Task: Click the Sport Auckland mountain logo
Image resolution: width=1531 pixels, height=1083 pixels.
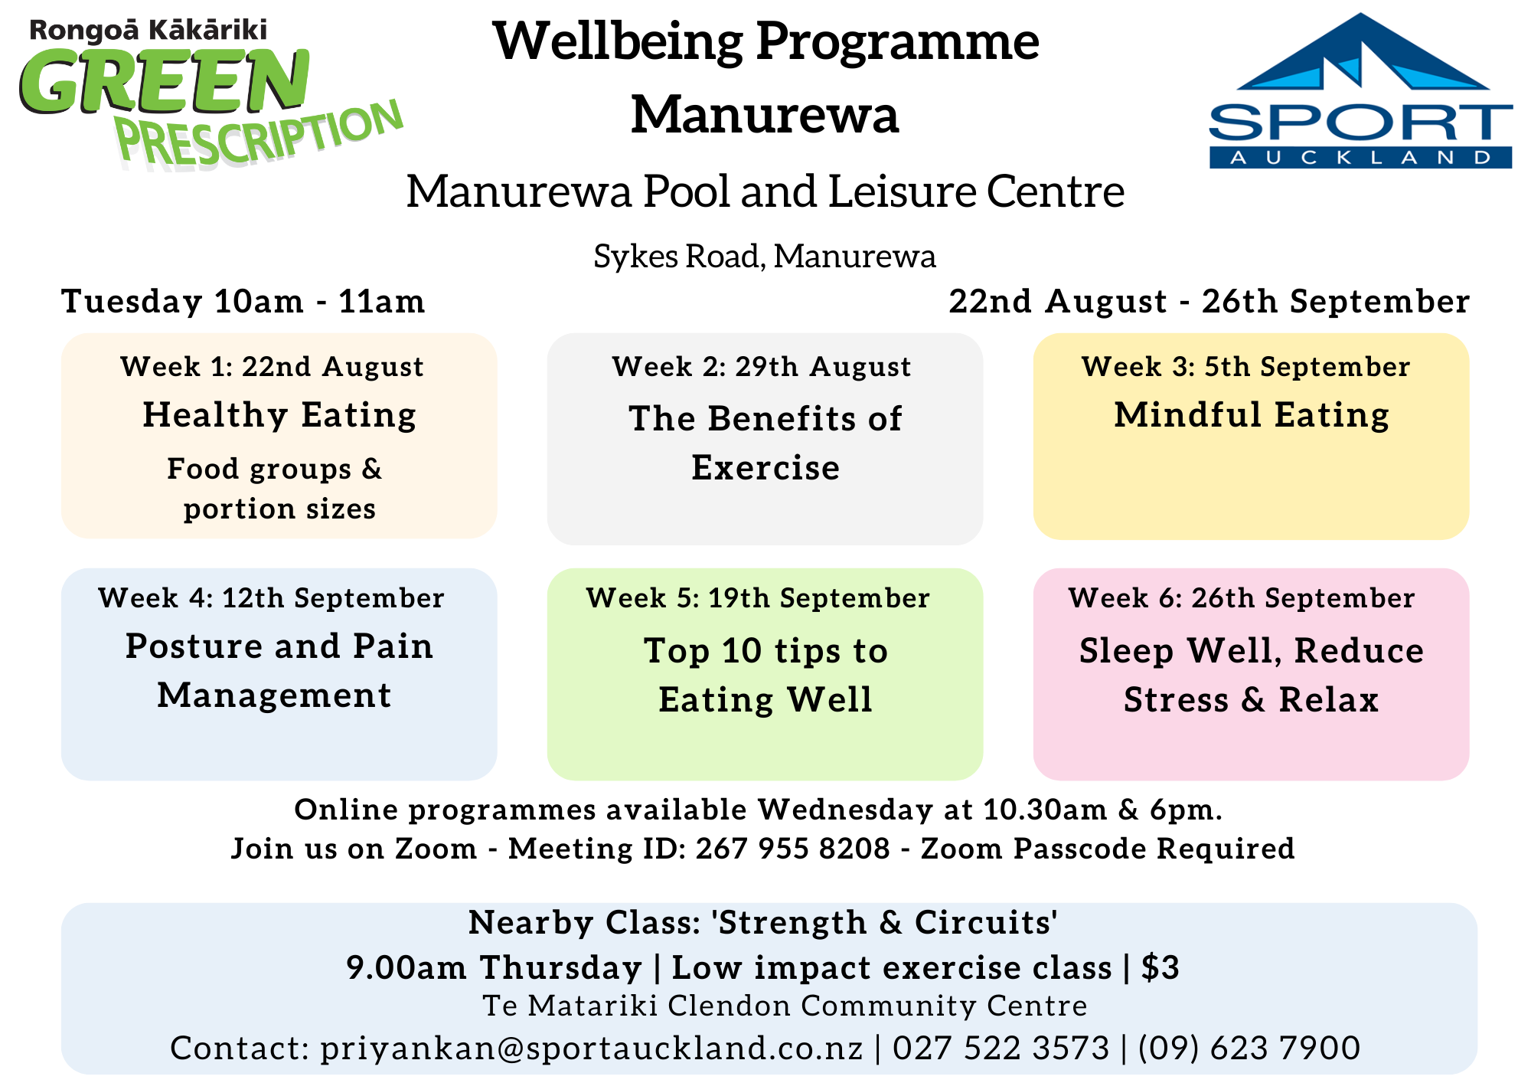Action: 1360,90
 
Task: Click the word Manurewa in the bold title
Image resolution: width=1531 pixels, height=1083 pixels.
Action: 765,114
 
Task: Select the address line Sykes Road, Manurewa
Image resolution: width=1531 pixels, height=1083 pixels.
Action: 765,257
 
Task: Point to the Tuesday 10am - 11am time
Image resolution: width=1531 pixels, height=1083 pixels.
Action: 243,301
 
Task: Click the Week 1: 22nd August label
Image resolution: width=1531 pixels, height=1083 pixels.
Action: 272,367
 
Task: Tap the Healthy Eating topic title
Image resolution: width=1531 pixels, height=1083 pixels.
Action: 279,416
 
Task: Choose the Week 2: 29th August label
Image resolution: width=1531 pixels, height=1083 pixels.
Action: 762,367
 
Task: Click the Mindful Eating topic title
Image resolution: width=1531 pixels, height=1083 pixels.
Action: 1252,416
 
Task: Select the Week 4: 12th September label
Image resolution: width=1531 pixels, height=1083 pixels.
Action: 271,598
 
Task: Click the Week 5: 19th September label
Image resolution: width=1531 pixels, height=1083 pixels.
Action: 758,598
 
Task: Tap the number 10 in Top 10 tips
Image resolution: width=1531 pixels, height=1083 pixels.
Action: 742,651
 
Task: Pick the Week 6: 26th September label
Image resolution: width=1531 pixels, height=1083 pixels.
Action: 1242,598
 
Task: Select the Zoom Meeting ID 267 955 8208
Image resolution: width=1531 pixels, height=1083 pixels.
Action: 793,849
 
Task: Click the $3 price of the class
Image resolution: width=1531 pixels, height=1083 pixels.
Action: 1160,968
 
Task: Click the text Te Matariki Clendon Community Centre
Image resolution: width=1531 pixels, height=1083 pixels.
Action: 785,1006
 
